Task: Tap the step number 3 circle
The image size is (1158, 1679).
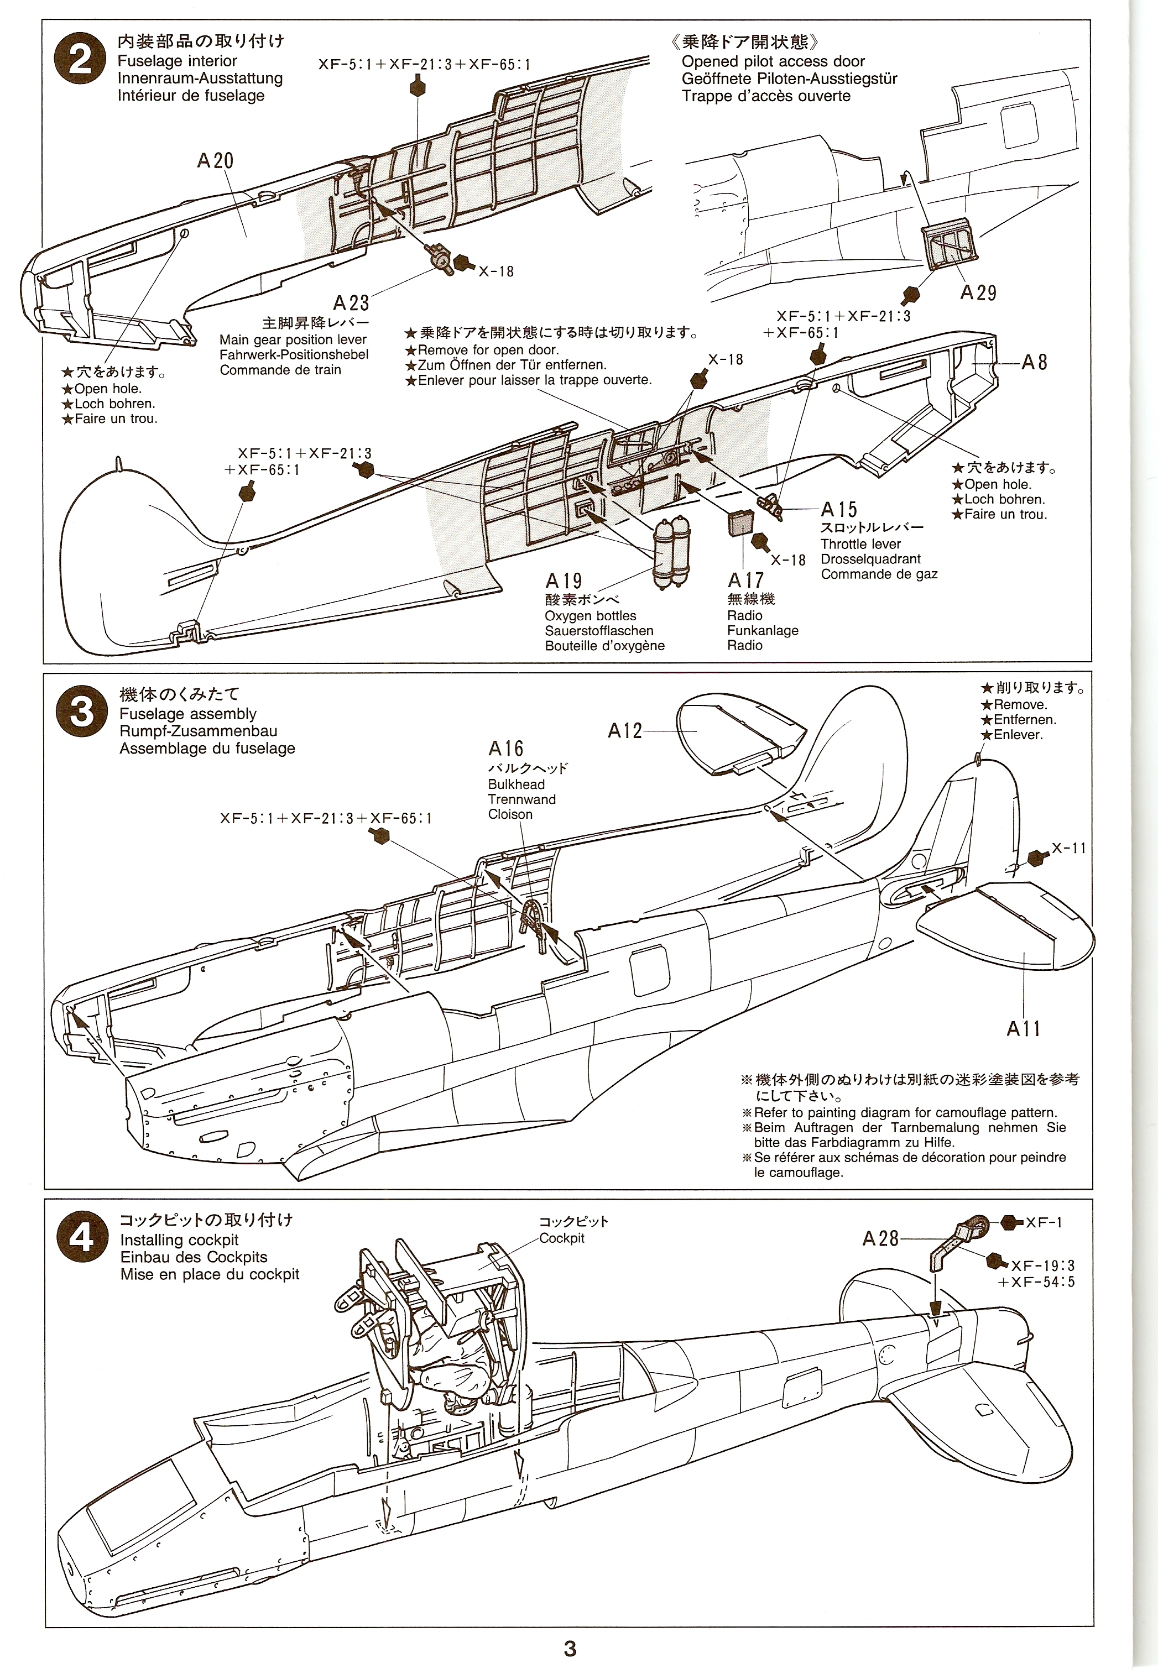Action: (81, 712)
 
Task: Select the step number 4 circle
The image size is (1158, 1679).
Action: (81, 1238)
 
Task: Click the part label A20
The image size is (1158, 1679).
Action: (216, 161)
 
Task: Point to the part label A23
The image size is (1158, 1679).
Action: (351, 302)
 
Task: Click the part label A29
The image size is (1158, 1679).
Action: (978, 293)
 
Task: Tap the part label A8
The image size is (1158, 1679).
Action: (1034, 363)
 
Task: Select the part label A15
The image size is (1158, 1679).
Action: (839, 510)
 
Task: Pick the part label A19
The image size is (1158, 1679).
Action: (564, 581)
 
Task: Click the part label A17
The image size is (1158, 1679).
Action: (745, 580)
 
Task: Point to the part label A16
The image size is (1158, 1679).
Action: (505, 749)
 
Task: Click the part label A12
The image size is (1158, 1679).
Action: (625, 731)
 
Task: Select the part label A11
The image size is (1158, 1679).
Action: (1023, 1028)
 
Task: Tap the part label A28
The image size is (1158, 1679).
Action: (880, 1239)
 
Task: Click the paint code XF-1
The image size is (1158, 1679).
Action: (1044, 1223)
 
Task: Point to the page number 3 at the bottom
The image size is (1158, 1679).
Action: (570, 1649)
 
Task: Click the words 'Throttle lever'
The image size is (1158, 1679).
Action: (860, 544)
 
